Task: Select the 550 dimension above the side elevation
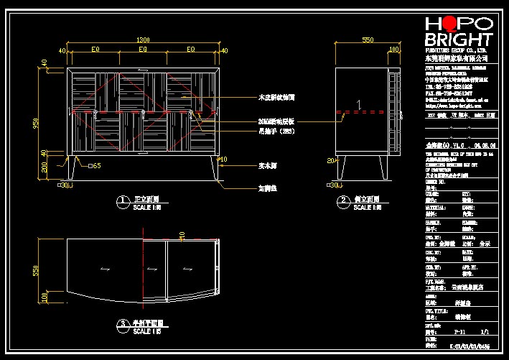coord(368,40)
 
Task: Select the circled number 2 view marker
coord(344,200)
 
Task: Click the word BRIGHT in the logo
coord(459,40)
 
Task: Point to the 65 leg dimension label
coord(95,166)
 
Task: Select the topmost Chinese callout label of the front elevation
coord(274,96)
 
